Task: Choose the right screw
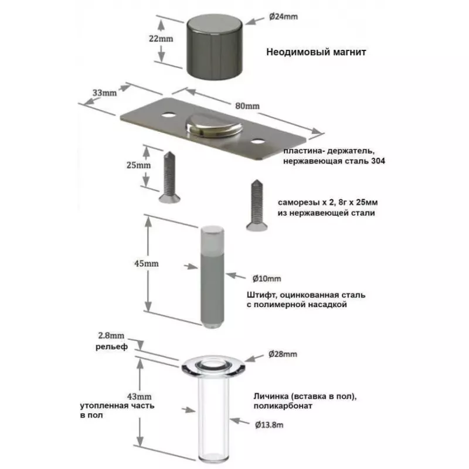256,202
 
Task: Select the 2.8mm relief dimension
111,336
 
